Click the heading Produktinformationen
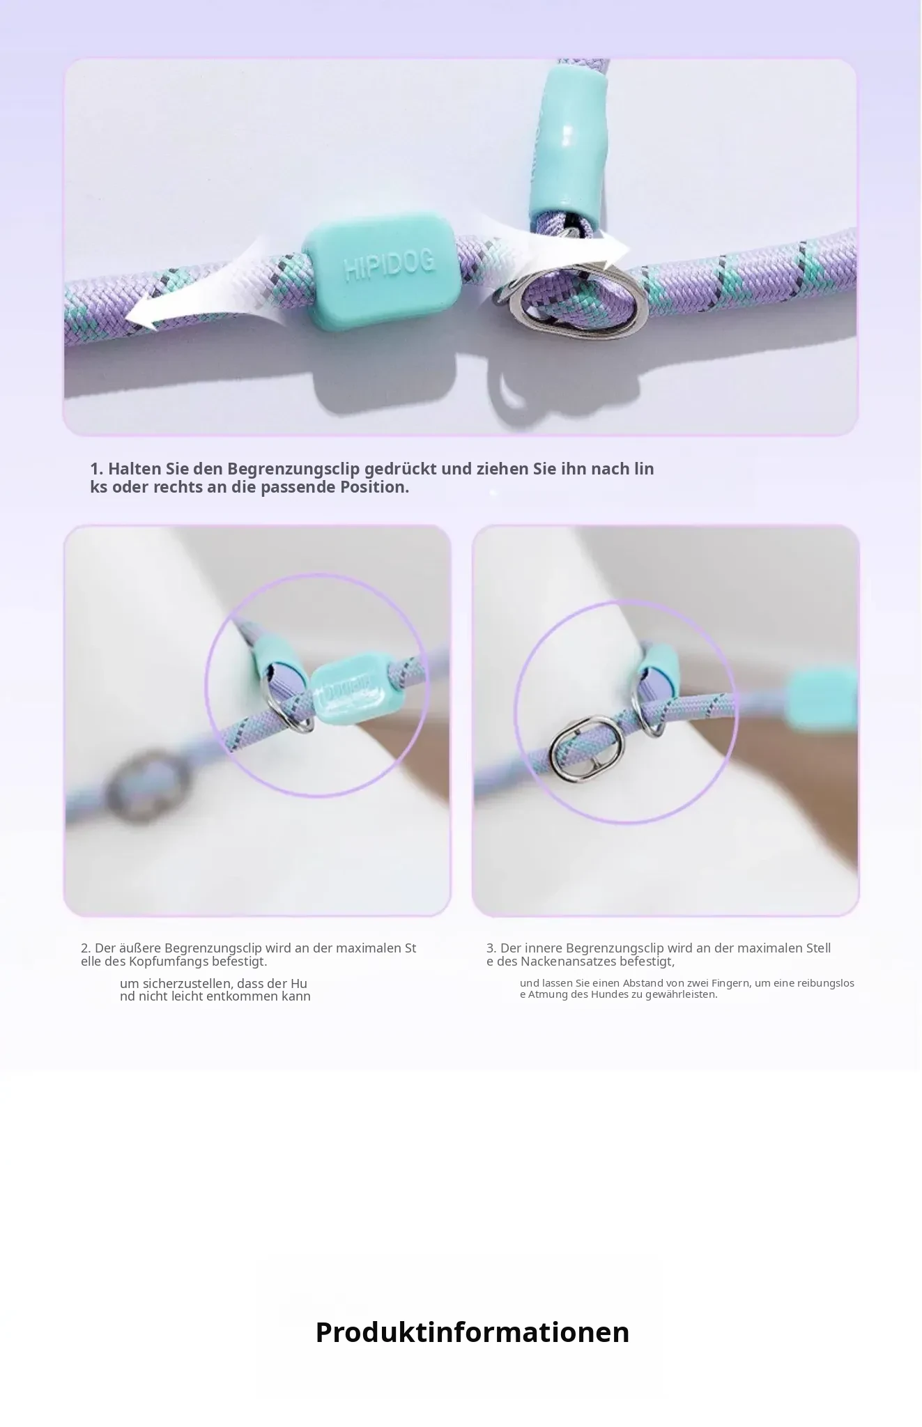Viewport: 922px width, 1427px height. pyautogui.click(x=472, y=1332)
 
